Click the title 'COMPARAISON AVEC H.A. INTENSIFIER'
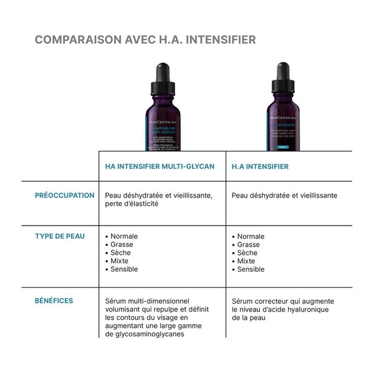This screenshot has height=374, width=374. tap(145, 40)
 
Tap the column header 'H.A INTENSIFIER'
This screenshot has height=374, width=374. tap(261, 167)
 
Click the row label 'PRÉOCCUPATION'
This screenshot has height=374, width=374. tap(64, 195)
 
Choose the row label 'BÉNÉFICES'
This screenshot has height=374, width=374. tap(54, 300)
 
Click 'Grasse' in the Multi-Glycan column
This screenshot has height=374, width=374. tap(122, 245)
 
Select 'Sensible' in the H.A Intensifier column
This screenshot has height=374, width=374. tap(251, 269)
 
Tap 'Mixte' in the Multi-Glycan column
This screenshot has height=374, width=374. tap(120, 261)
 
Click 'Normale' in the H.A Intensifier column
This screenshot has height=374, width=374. tap(251, 237)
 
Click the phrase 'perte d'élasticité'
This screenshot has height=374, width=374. tap(133, 204)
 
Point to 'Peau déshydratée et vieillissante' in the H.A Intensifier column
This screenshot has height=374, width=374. tap(284, 196)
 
